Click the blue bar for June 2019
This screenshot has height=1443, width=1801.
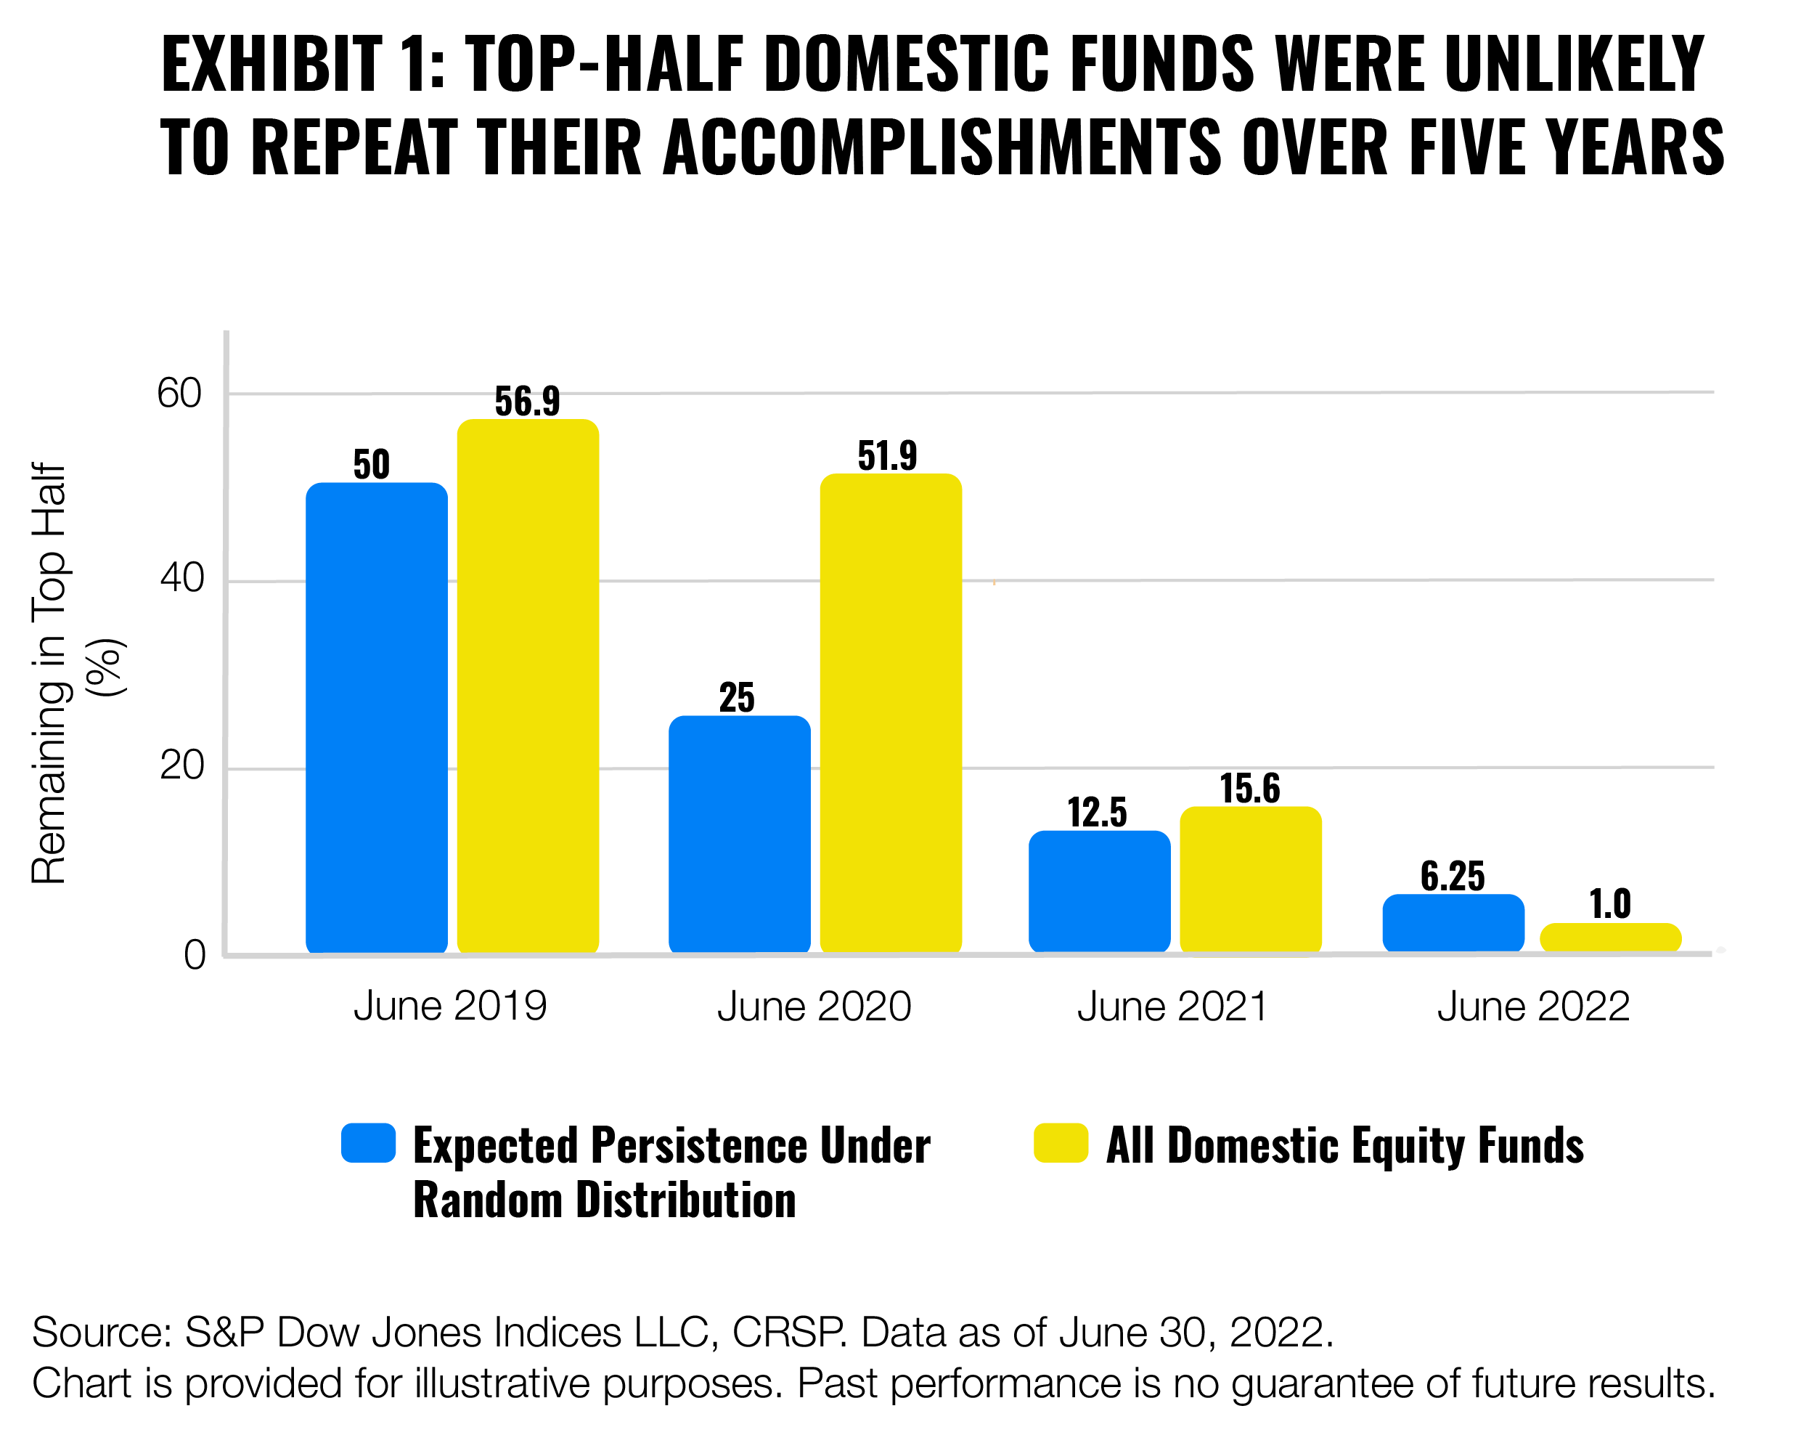click(376, 718)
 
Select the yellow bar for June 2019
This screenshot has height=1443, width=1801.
click(528, 685)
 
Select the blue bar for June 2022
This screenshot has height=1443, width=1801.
click(1453, 922)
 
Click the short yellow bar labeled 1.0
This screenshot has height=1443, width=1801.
click(1609, 938)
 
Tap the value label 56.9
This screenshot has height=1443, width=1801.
click(527, 401)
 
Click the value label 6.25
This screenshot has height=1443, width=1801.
click(1453, 877)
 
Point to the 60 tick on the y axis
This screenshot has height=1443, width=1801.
click(179, 394)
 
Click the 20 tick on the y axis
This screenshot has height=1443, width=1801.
click(181, 766)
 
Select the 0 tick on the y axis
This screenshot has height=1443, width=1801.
click(195, 955)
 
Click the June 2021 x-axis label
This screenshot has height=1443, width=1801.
click(1172, 1006)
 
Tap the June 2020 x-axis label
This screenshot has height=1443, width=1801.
click(814, 1006)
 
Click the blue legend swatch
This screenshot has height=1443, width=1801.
click(367, 1142)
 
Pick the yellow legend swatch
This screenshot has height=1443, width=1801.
click(1060, 1142)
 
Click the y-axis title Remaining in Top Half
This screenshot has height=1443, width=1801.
click(50, 673)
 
